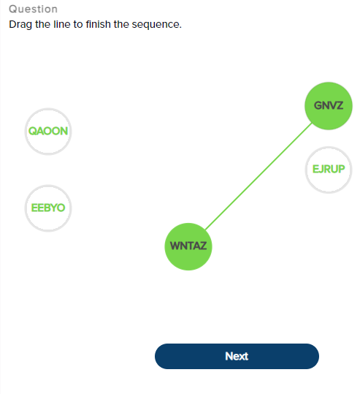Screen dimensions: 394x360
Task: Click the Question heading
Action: pyautogui.click(x=33, y=10)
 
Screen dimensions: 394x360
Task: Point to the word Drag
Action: pyautogui.click(x=20, y=24)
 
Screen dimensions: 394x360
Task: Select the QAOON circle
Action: pyautogui.click(x=48, y=132)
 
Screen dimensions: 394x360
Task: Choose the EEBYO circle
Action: pyautogui.click(x=48, y=208)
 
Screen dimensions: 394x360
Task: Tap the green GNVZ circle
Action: pyautogui.click(x=329, y=106)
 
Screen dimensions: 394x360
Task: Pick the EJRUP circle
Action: pyautogui.click(x=329, y=170)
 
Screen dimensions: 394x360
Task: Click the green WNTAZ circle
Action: pyautogui.click(x=188, y=246)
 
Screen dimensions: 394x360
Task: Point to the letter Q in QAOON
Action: pyautogui.click(x=32, y=132)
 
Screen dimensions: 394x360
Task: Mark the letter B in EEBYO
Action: pyautogui.click(x=48, y=208)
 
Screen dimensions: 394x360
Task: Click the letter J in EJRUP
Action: pyautogui.click(x=321, y=170)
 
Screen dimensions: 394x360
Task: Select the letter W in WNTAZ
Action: pyautogui.click(x=175, y=246)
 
